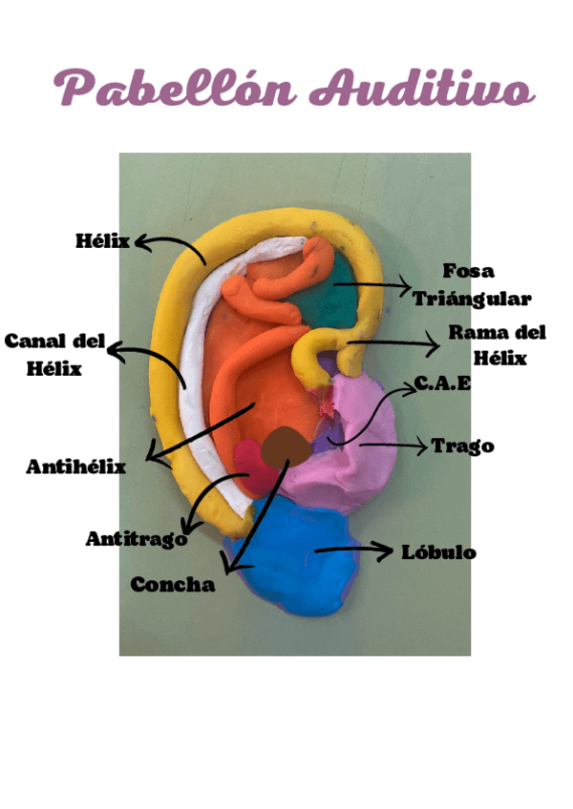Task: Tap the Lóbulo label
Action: click(438, 552)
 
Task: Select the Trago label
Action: click(462, 446)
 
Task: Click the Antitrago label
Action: click(136, 539)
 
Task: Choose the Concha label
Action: click(172, 584)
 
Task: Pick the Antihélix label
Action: click(75, 467)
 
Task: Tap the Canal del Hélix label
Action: click(53, 354)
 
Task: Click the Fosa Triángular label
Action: click(472, 285)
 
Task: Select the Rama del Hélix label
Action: click(497, 344)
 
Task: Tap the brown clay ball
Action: click(286, 446)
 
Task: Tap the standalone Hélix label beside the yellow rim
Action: click(102, 240)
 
